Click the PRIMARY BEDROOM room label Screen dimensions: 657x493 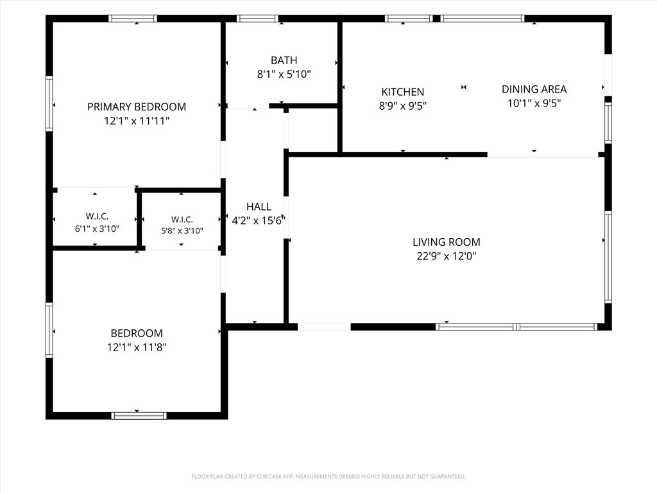[x=137, y=107]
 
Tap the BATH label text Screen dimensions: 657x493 [x=284, y=60]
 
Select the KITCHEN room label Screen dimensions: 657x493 [x=403, y=92]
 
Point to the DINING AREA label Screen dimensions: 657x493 [x=534, y=89]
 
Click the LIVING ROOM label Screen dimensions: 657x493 [x=447, y=242]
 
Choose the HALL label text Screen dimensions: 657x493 [x=259, y=207]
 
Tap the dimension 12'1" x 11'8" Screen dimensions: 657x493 [x=137, y=347]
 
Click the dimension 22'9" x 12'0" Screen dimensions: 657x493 [x=447, y=255]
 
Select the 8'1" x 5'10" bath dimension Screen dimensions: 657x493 [x=284, y=74]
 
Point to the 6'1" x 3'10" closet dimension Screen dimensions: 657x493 [x=98, y=229]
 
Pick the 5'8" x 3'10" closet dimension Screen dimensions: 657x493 [x=182, y=230]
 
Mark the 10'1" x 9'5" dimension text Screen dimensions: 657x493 [x=534, y=103]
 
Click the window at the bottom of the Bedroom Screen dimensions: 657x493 [x=139, y=415]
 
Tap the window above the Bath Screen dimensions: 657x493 [x=257, y=19]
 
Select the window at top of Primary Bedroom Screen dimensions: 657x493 [x=133, y=19]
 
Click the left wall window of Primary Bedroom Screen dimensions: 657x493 [x=49, y=103]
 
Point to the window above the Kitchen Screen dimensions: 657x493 [x=409, y=19]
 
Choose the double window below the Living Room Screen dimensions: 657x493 [x=516, y=327]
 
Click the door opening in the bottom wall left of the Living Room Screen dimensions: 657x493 [x=324, y=327]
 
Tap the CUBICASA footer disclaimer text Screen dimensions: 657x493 [x=328, y=477]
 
